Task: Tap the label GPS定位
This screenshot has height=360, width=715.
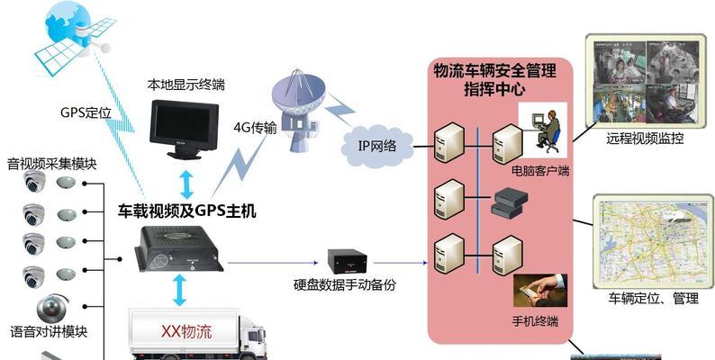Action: (x=85, y=112)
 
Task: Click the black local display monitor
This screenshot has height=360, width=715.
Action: (x=187, y=128)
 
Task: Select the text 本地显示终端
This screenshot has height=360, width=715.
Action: (x=186, y=85)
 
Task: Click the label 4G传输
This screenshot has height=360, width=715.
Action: (x=255, y=127)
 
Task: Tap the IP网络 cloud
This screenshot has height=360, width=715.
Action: (x=378, y=143)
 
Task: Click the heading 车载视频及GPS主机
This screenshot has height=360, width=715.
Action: (x=187, y=211)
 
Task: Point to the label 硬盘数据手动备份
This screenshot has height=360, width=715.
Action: (x=344, y=285)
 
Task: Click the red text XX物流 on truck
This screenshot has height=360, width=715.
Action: (x=186, y=330)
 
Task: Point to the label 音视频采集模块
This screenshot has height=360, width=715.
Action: (x=51, y=164)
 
